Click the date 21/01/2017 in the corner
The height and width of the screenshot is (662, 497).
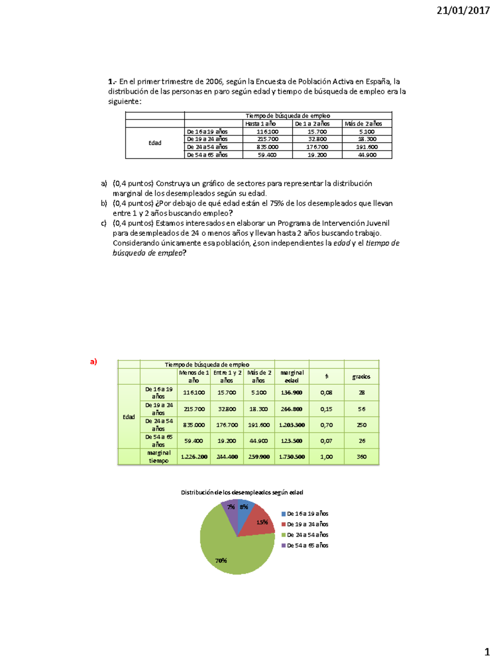pyautogui.click(x=463, y=11)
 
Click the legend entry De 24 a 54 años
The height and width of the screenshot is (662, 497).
pyautogui.click(x=307, y=535)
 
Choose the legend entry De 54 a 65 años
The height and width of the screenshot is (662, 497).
pyautogui.click(x=307, y=546)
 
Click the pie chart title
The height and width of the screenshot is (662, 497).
pyautogui.click(x=242, y=492)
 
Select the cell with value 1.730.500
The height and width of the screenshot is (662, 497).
pyautogui.click(x=292, y=457)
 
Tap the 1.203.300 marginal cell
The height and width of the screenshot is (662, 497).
pyautogui.click(x=292, y=425)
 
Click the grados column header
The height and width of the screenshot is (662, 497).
pyautogui.click(x=361, y=377)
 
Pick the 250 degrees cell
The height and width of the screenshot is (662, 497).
pyautogui.click(x=362, y=425)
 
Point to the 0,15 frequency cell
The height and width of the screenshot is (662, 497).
pyautogui.click(x=326, y=409)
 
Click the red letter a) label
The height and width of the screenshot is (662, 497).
pyautogui.click(x=94, y=362)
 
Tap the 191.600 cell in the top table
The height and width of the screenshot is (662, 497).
pyautogui.click(x=367, y=147)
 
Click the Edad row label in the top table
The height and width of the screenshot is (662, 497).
pyautogui.click(x=155, y=143)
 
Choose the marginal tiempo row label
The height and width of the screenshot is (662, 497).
pyautogui.click(x=159, y=457)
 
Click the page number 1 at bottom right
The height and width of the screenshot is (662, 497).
pyautogui.click(x=487, y=652)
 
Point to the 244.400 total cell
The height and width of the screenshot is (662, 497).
pyautogui.click(x=227, y=457)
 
